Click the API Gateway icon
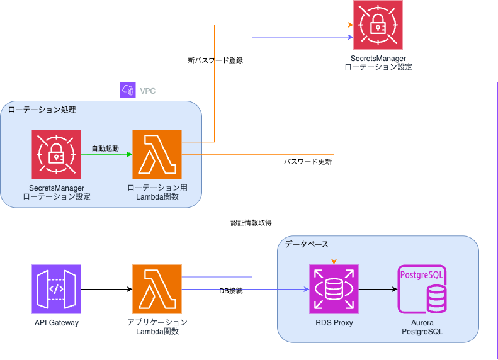pos(56,289)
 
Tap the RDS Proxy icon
pos(334,289)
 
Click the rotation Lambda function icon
pos(157,154)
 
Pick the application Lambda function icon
pos(157,289)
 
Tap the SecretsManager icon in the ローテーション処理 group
pos(56,154)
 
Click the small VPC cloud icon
pos(127,90)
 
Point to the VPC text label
pos(148,91)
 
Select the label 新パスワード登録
pos(215,60)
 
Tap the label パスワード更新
pos(308,162)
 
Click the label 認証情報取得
pos(251,222)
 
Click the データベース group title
pos(307,244)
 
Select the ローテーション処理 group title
pos(42,110)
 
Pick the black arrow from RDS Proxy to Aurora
pos(378,290)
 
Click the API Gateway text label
pos(57,323)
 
